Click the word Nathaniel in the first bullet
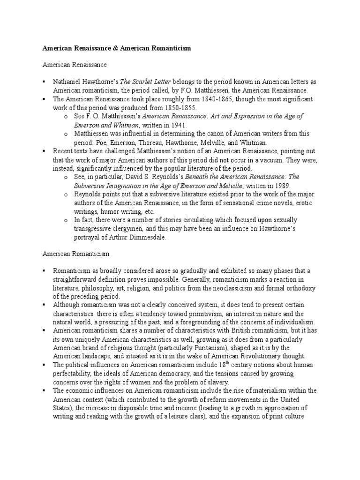coord(67,82)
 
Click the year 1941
coord(177,125)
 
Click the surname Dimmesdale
coord(150,237)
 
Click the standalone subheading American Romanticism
coord(76,254)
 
